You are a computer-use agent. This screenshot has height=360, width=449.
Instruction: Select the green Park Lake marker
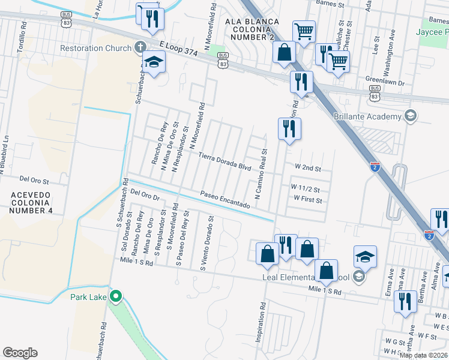coord(117,296)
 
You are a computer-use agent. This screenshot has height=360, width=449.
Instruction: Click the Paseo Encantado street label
coord(225,200)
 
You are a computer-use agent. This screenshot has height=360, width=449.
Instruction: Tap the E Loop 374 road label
coord(179,49)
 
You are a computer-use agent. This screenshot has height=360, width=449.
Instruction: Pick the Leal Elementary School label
coord(306,277)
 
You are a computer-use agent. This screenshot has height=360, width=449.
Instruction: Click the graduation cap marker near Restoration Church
coord(154,62)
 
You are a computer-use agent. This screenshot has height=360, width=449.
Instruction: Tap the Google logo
coord(20,352)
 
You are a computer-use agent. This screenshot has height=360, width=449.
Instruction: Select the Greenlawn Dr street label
coord(385,79)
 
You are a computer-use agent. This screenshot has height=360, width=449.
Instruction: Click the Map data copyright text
coord(423,355)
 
